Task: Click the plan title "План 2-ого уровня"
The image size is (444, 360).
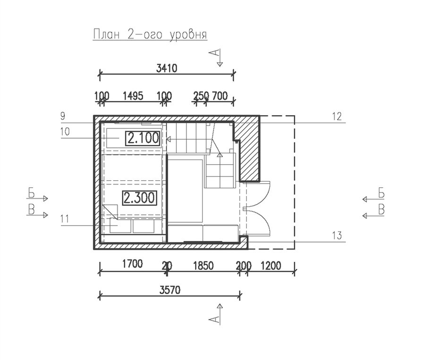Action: (150, 34)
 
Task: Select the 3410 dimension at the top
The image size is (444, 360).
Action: (166, 68)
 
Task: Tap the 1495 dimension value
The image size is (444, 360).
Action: (133, 96)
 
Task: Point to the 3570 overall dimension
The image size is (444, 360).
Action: (170, 290)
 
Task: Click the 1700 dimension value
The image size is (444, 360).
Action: (132, 264)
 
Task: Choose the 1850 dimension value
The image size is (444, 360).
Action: (203, 266)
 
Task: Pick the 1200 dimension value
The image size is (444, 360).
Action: (271, 266)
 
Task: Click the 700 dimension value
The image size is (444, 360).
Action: (219, 96)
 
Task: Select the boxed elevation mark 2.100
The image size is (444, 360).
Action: (143, 138)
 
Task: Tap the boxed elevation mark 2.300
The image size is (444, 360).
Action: (139, 198)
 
